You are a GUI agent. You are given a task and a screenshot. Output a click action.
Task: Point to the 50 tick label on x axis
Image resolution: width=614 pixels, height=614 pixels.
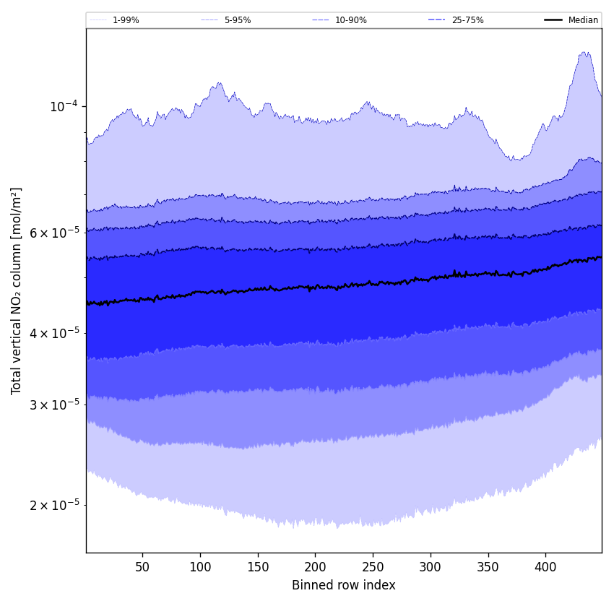142,567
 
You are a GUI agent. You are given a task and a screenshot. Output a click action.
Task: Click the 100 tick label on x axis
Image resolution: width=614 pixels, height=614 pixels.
200,567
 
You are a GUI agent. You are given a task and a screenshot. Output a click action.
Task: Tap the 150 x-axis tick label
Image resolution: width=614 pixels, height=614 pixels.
258,567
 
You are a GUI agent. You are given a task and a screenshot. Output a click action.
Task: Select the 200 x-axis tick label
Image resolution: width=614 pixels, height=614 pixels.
315,567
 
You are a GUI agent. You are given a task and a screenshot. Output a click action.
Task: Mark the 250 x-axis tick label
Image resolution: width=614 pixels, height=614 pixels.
373,567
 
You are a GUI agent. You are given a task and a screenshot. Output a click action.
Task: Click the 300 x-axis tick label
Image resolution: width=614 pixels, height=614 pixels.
431,567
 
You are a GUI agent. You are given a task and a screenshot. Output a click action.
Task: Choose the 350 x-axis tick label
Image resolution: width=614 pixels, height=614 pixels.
488,567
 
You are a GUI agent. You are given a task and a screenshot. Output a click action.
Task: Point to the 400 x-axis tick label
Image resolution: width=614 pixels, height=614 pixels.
545,567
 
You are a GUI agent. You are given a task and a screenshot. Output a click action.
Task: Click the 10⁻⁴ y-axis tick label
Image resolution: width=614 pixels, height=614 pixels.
63,107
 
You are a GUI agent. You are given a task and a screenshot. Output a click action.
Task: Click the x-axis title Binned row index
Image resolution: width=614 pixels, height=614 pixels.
344,585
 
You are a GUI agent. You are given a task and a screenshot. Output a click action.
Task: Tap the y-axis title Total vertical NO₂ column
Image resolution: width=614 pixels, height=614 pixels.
17,291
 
